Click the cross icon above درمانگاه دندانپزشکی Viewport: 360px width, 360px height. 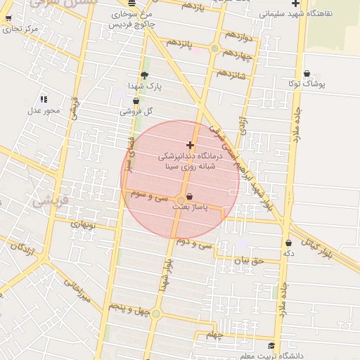pos(190,145)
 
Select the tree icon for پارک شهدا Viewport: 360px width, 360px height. pos(144,75)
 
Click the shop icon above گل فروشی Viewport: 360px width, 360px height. pos(136,101)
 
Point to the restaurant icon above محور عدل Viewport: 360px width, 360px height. pos(44,100)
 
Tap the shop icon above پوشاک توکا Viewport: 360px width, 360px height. pos(307,74)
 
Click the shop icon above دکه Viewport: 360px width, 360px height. pos(288,243)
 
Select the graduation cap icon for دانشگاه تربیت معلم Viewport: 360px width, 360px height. pos(271,346)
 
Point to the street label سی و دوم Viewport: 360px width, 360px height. pos(195,244)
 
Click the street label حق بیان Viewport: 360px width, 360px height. pos(247,261)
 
